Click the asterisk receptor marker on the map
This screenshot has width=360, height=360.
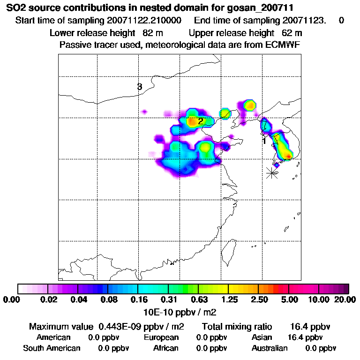(x=271, y=172)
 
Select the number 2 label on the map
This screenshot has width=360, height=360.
(x=200, y=121)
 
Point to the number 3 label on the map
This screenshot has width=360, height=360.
(x=139, y=87)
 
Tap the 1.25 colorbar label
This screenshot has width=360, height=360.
(x=229, y=300)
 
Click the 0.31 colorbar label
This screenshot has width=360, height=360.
(x=168, y=300)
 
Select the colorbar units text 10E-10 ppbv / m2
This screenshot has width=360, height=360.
(x=180, y=311)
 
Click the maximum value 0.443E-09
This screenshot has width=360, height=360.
(x=120, y=326)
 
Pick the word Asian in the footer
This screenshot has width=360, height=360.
(x=262, y=337)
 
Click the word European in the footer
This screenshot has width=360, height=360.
(x=161, y=337)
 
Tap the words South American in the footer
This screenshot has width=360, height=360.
(x=52, y=348)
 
